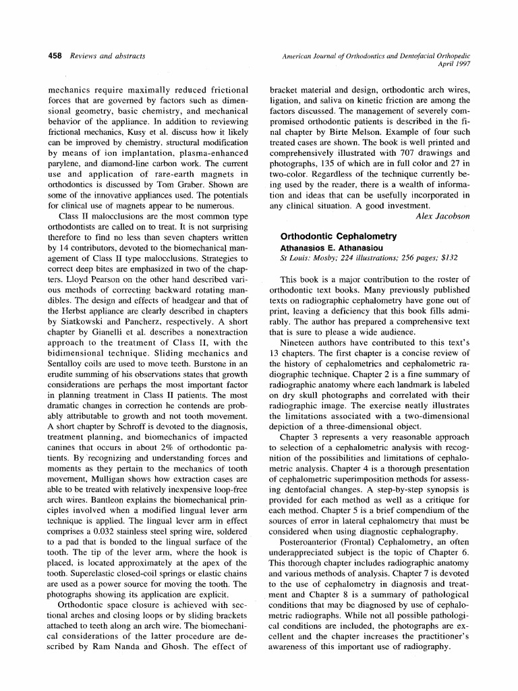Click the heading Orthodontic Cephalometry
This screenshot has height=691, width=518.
339,237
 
